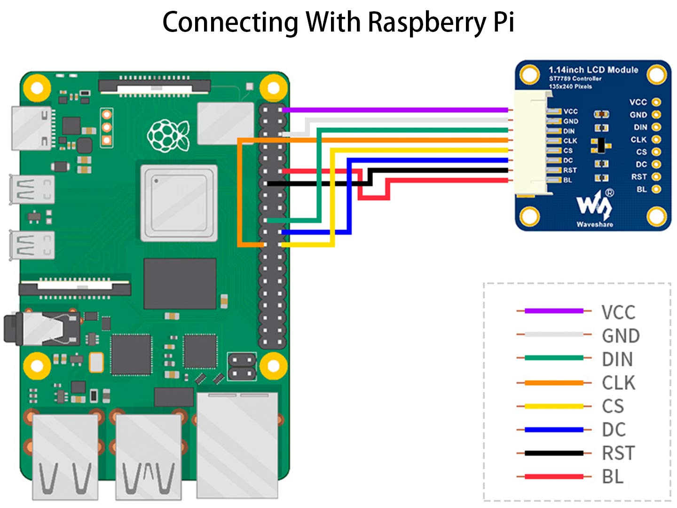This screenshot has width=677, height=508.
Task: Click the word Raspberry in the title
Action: point(426,23)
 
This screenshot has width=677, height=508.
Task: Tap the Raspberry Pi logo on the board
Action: point(168,136)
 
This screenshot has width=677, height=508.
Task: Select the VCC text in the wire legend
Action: point(618,312)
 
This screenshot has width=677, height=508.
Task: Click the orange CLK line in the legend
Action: point(554,383)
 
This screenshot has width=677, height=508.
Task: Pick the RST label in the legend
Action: point(618,453)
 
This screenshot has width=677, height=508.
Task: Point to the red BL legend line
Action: point(554,476)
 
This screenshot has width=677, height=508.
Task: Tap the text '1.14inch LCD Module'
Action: point(593,70)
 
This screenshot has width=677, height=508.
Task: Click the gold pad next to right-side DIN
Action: point(656,127)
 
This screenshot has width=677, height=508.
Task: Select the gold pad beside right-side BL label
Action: point(656,189)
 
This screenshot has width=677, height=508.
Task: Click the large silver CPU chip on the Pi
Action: point(179,203)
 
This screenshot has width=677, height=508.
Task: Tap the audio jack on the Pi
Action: point(42,328)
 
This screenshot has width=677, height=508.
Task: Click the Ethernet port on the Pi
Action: point(237,446)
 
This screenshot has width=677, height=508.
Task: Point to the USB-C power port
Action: point(31,128)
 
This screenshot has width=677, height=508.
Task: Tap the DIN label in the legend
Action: point(617,359)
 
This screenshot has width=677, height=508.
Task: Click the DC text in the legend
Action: point(614,429)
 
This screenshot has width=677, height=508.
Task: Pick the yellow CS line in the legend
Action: point(554,406)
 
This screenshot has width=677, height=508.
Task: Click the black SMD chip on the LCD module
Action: point(601,145)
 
